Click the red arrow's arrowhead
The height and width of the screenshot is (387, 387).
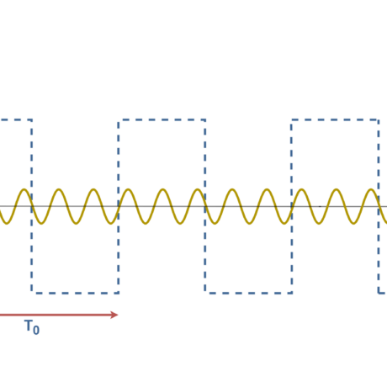pos(115,315)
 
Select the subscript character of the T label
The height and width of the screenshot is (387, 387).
pos(36,331)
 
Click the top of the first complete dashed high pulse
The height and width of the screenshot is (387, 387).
pos(162,120)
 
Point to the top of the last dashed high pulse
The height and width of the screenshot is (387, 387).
pos(335,120)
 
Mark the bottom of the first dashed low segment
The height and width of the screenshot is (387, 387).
pos(75,293)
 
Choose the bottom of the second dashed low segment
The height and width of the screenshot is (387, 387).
pos(248,293)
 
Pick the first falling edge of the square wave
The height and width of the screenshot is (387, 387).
pos(32,206)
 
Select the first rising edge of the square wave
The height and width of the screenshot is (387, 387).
pos(118,206)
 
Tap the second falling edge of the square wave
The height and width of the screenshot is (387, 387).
pos(205,206)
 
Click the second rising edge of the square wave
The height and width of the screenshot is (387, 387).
pos(291,206)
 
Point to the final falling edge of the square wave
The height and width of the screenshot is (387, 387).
pos(379,206)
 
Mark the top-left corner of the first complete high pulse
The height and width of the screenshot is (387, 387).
pos(118,120)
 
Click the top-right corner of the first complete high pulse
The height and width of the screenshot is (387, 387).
pos(205,120)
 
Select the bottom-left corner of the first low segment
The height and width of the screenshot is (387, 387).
pos(32,293)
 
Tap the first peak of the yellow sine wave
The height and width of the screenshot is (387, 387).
pos(23,189)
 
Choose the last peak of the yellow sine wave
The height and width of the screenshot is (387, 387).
pos(370,189)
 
